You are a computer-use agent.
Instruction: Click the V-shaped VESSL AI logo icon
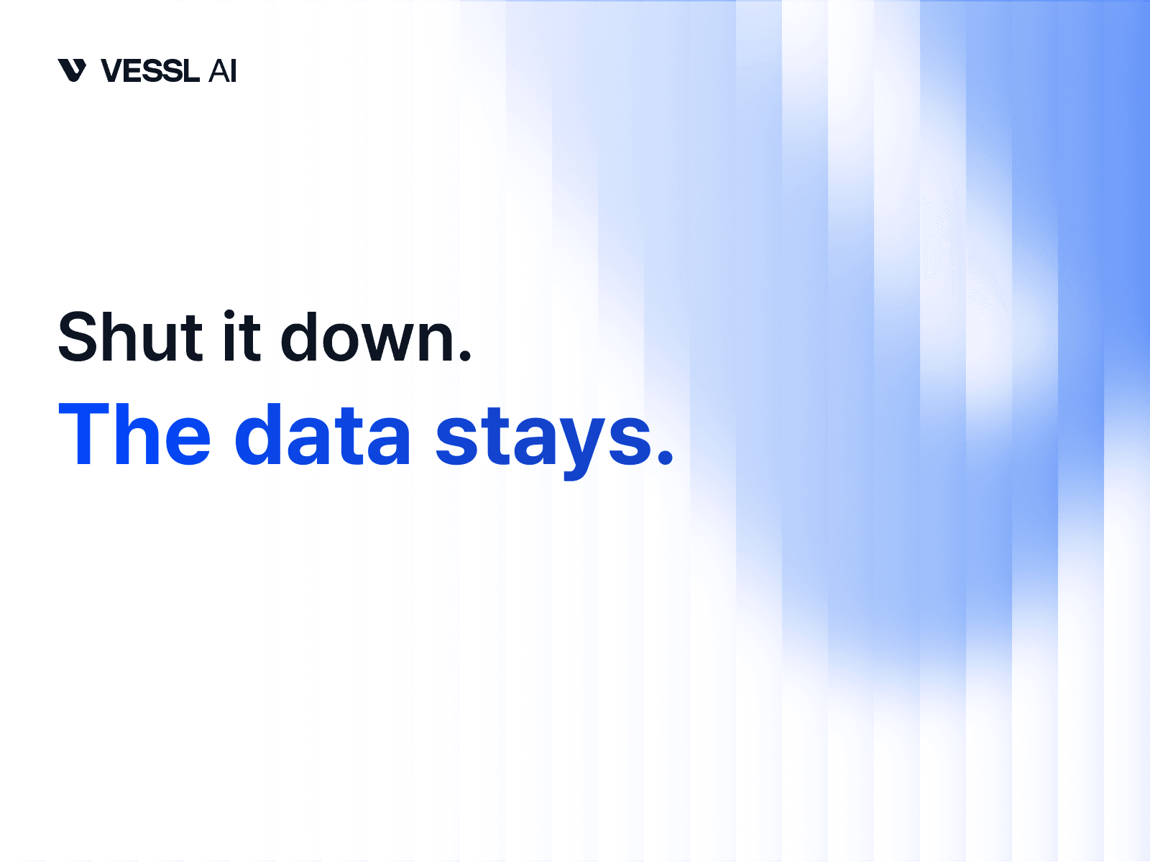(x=72, y=70)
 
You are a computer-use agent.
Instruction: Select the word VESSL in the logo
(x=149, y=71)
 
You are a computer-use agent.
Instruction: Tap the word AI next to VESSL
(x=222, y=71)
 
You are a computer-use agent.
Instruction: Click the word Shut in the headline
(x=130, y=337)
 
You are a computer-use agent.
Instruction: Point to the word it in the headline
(x=241, y=337)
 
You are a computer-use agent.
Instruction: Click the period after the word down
(x=465, y=355)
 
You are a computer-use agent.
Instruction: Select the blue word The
(x=134, y=435)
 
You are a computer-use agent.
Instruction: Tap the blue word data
(x=323, y=435)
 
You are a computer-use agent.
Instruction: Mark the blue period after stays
(x=666, y=457)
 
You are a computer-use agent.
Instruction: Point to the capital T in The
(x=85, y=435)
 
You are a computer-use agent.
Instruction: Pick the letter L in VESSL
(x=190, y=71)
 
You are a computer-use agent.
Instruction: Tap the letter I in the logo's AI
(x=233, y=71)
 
